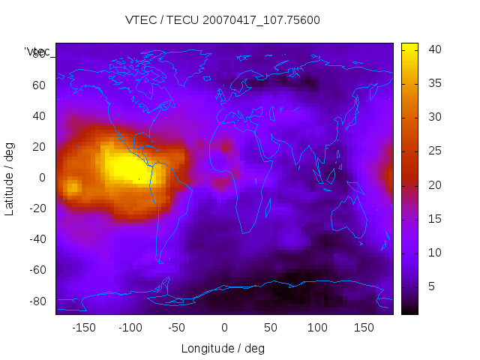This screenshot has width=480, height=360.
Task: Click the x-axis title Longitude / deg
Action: pyautogui.click(x=223, y=348)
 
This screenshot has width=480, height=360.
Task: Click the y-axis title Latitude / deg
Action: pyautogui.click(x=10, y=178)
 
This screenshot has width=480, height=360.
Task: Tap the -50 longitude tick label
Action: pyautogui.click(x=177, y=327)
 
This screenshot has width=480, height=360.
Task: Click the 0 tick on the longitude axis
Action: pyautogui.click(x=224, y=327)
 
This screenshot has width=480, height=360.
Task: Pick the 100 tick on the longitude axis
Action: pyautogui.click(x=317, y=327)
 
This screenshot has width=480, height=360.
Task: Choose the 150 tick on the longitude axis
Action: pyautogui.click(x=364, y=327)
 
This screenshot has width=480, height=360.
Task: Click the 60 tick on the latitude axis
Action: pyautogui.click(x=38, y=85)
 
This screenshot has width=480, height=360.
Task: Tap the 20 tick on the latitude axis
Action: pyautogui.click(x=38, y=147)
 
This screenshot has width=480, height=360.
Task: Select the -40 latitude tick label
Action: pyautogui.click(x=36, y=239)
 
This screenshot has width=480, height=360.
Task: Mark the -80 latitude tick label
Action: pyautogui.click(x=36, y=301)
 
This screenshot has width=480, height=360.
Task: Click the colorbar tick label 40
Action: pyautogui.click(x=434, y=49)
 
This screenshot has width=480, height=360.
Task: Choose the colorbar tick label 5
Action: pyautogui.click(x=431, y=286)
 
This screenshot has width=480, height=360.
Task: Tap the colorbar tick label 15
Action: pyautogui.click(x=434, y=219)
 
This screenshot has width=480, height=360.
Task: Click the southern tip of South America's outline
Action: pyautogui.click(x=160, y=261)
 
